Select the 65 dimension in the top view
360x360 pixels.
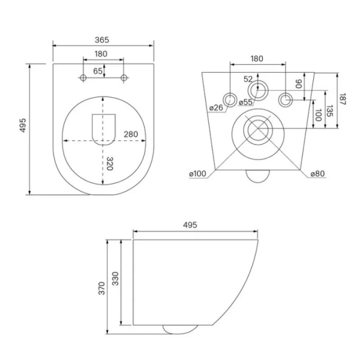(97, 71)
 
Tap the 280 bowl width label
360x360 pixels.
(132, 134)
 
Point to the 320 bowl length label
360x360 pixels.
(109, 163)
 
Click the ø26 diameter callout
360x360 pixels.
(216, 108)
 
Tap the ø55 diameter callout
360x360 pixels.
(245, 103)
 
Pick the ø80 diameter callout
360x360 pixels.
(318, 174)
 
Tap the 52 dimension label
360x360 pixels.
(248, 79)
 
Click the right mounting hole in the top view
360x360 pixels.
(124, 78)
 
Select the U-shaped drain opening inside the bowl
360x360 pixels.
(103, 128)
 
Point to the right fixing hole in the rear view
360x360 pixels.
(288, 98)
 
